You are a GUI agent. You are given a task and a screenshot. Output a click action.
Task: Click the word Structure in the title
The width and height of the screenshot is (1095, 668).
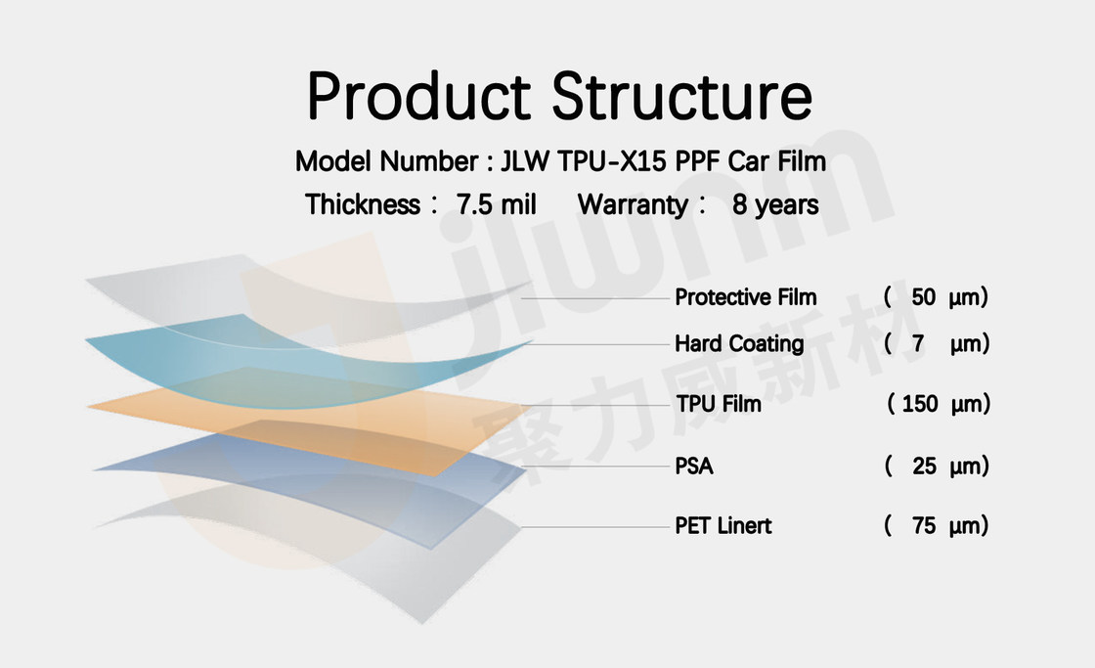[682, 96]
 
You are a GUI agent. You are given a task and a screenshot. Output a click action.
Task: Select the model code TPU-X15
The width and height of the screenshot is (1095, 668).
[612, 161]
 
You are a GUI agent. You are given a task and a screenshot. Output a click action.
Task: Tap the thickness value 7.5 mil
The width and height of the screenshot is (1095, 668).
[496, 204]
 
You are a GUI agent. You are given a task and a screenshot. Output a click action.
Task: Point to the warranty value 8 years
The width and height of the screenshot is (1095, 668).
[775, 204]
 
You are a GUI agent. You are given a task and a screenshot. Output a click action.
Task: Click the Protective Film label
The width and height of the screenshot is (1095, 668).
[745, 297]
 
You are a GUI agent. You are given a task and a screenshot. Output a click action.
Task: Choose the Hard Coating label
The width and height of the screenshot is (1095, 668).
[739, 344]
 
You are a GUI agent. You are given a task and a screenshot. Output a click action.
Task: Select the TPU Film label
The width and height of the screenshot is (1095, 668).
[718, 404]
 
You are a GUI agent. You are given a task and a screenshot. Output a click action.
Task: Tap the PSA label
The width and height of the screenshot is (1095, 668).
[693, 467]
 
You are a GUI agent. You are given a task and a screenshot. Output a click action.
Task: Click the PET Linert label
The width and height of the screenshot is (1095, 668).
[723, 525]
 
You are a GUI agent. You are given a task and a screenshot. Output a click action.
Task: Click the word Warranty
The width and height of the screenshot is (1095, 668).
[633, 204]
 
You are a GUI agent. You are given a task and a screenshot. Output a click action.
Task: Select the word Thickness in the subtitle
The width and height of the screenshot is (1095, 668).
[363, 204]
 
